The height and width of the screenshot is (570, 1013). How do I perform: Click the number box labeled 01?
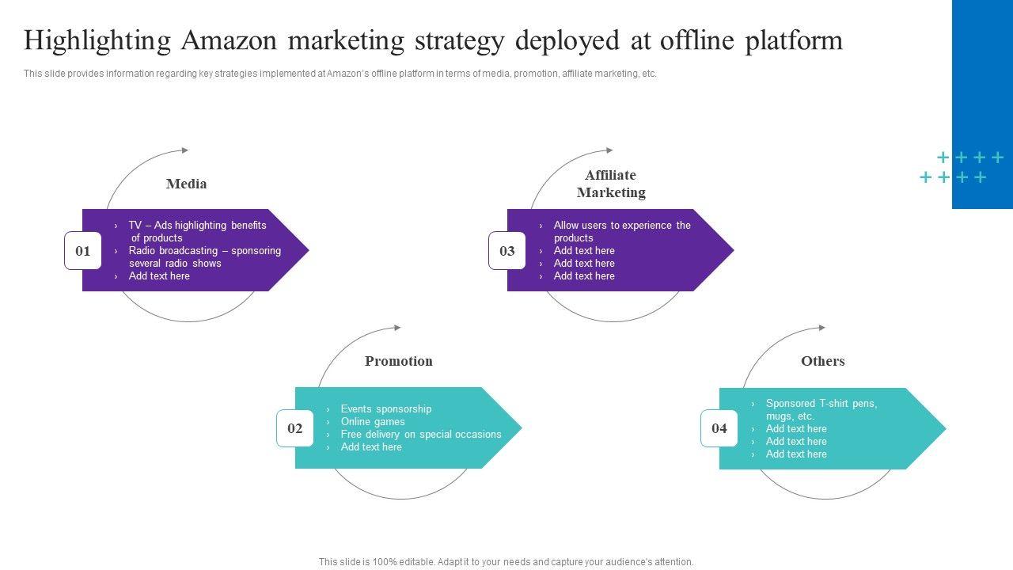point(83,251)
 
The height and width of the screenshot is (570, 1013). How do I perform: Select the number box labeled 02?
point(295,428)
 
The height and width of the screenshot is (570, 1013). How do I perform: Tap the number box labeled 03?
point(507,251)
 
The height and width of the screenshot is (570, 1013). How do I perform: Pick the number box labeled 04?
point(719,428)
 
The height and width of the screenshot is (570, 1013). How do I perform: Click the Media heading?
point(187,184)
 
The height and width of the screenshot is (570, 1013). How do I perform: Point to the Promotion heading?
point(399,361)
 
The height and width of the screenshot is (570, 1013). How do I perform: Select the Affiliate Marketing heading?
point(611,184)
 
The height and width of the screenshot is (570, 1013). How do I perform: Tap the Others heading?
point(823,361)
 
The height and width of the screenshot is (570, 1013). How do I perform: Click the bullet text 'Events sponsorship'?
point(386,409)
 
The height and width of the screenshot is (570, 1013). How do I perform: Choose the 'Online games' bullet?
point(373,422)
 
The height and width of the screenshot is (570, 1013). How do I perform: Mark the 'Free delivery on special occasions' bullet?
point(421,435)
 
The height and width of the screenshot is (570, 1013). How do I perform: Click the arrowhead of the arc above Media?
point(185,150)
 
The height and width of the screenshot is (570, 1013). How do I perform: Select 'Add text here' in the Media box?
point(159,276)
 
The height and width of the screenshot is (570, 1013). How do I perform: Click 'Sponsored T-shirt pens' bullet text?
point(821,404)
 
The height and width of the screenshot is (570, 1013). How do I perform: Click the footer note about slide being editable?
point(506,562)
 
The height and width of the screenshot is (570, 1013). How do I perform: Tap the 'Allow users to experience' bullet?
point(622,226)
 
